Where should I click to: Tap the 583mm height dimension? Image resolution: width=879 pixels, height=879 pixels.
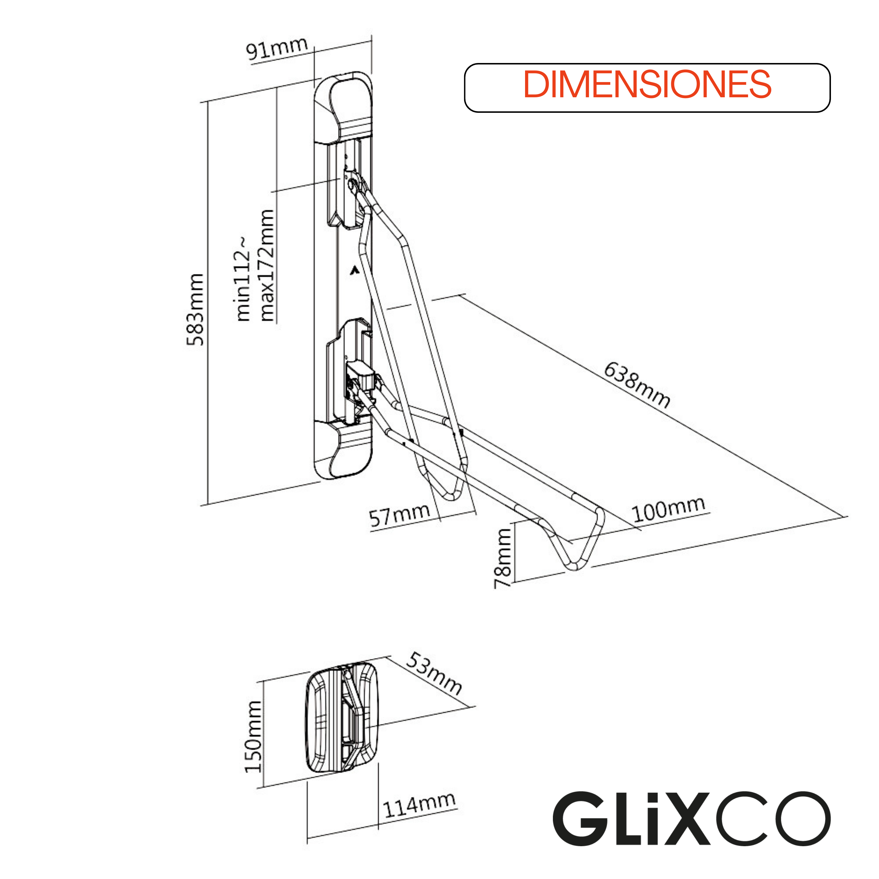(x=195, y=309)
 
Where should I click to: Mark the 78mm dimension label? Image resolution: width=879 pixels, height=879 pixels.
(x=503, y=558)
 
